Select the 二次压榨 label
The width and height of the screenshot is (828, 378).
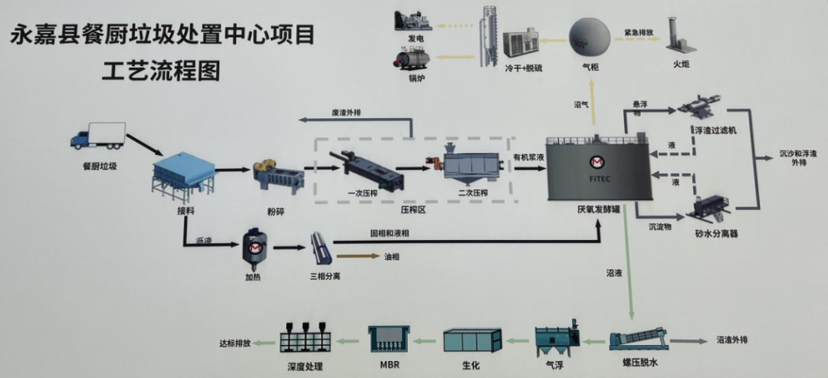coord(473,192)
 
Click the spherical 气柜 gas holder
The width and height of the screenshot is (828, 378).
coord(589,35)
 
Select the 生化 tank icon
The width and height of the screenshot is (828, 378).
coord(472,340)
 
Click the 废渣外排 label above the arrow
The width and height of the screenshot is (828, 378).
coord(346,113)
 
